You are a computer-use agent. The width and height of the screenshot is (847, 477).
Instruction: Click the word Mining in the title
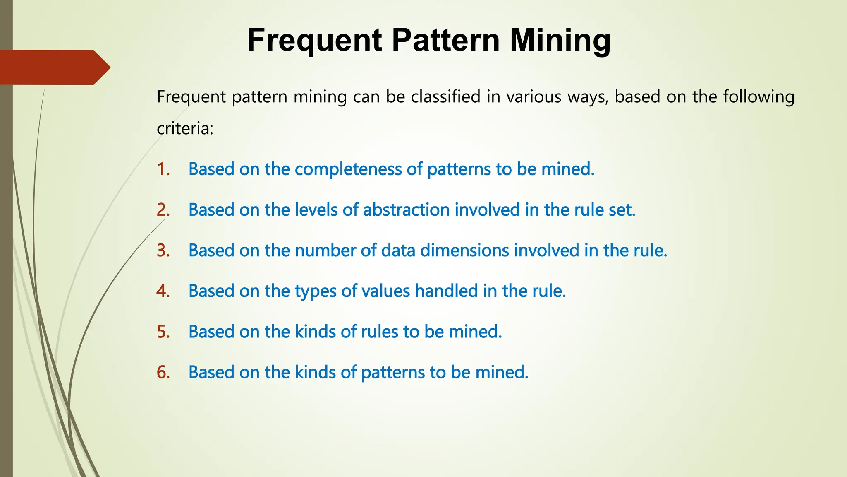[x=560, y=40]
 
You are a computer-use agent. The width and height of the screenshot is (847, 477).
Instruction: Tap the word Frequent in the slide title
[x=314, y=40]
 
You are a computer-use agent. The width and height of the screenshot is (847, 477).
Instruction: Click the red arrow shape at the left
[x=54, y=67]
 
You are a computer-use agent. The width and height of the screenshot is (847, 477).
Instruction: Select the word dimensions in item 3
[x=465, y=250]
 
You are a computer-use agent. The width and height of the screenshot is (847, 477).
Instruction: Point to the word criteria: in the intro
[x=185, y=129]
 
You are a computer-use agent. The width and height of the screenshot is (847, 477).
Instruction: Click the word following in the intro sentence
[x=758, y=97]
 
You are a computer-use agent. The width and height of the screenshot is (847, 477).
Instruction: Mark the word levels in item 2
[x=316, y=210]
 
